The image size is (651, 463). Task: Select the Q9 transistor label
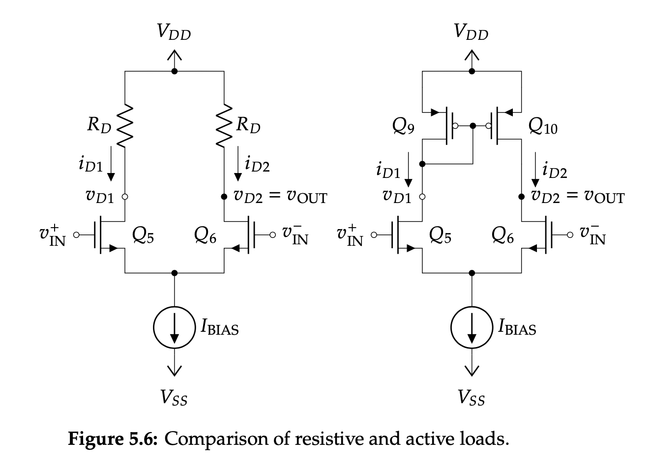tap(403, 127)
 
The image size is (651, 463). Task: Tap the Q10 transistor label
tap(543, 127)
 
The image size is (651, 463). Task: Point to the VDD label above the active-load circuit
tap(471, 32)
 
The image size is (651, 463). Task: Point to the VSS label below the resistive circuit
tap(174, 398)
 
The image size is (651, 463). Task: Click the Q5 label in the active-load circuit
tap(440, 236)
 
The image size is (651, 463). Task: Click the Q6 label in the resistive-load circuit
tap(206, 236)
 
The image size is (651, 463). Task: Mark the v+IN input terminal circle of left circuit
tap(76, 235)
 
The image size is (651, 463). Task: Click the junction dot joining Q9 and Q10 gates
tap(473, 126)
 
